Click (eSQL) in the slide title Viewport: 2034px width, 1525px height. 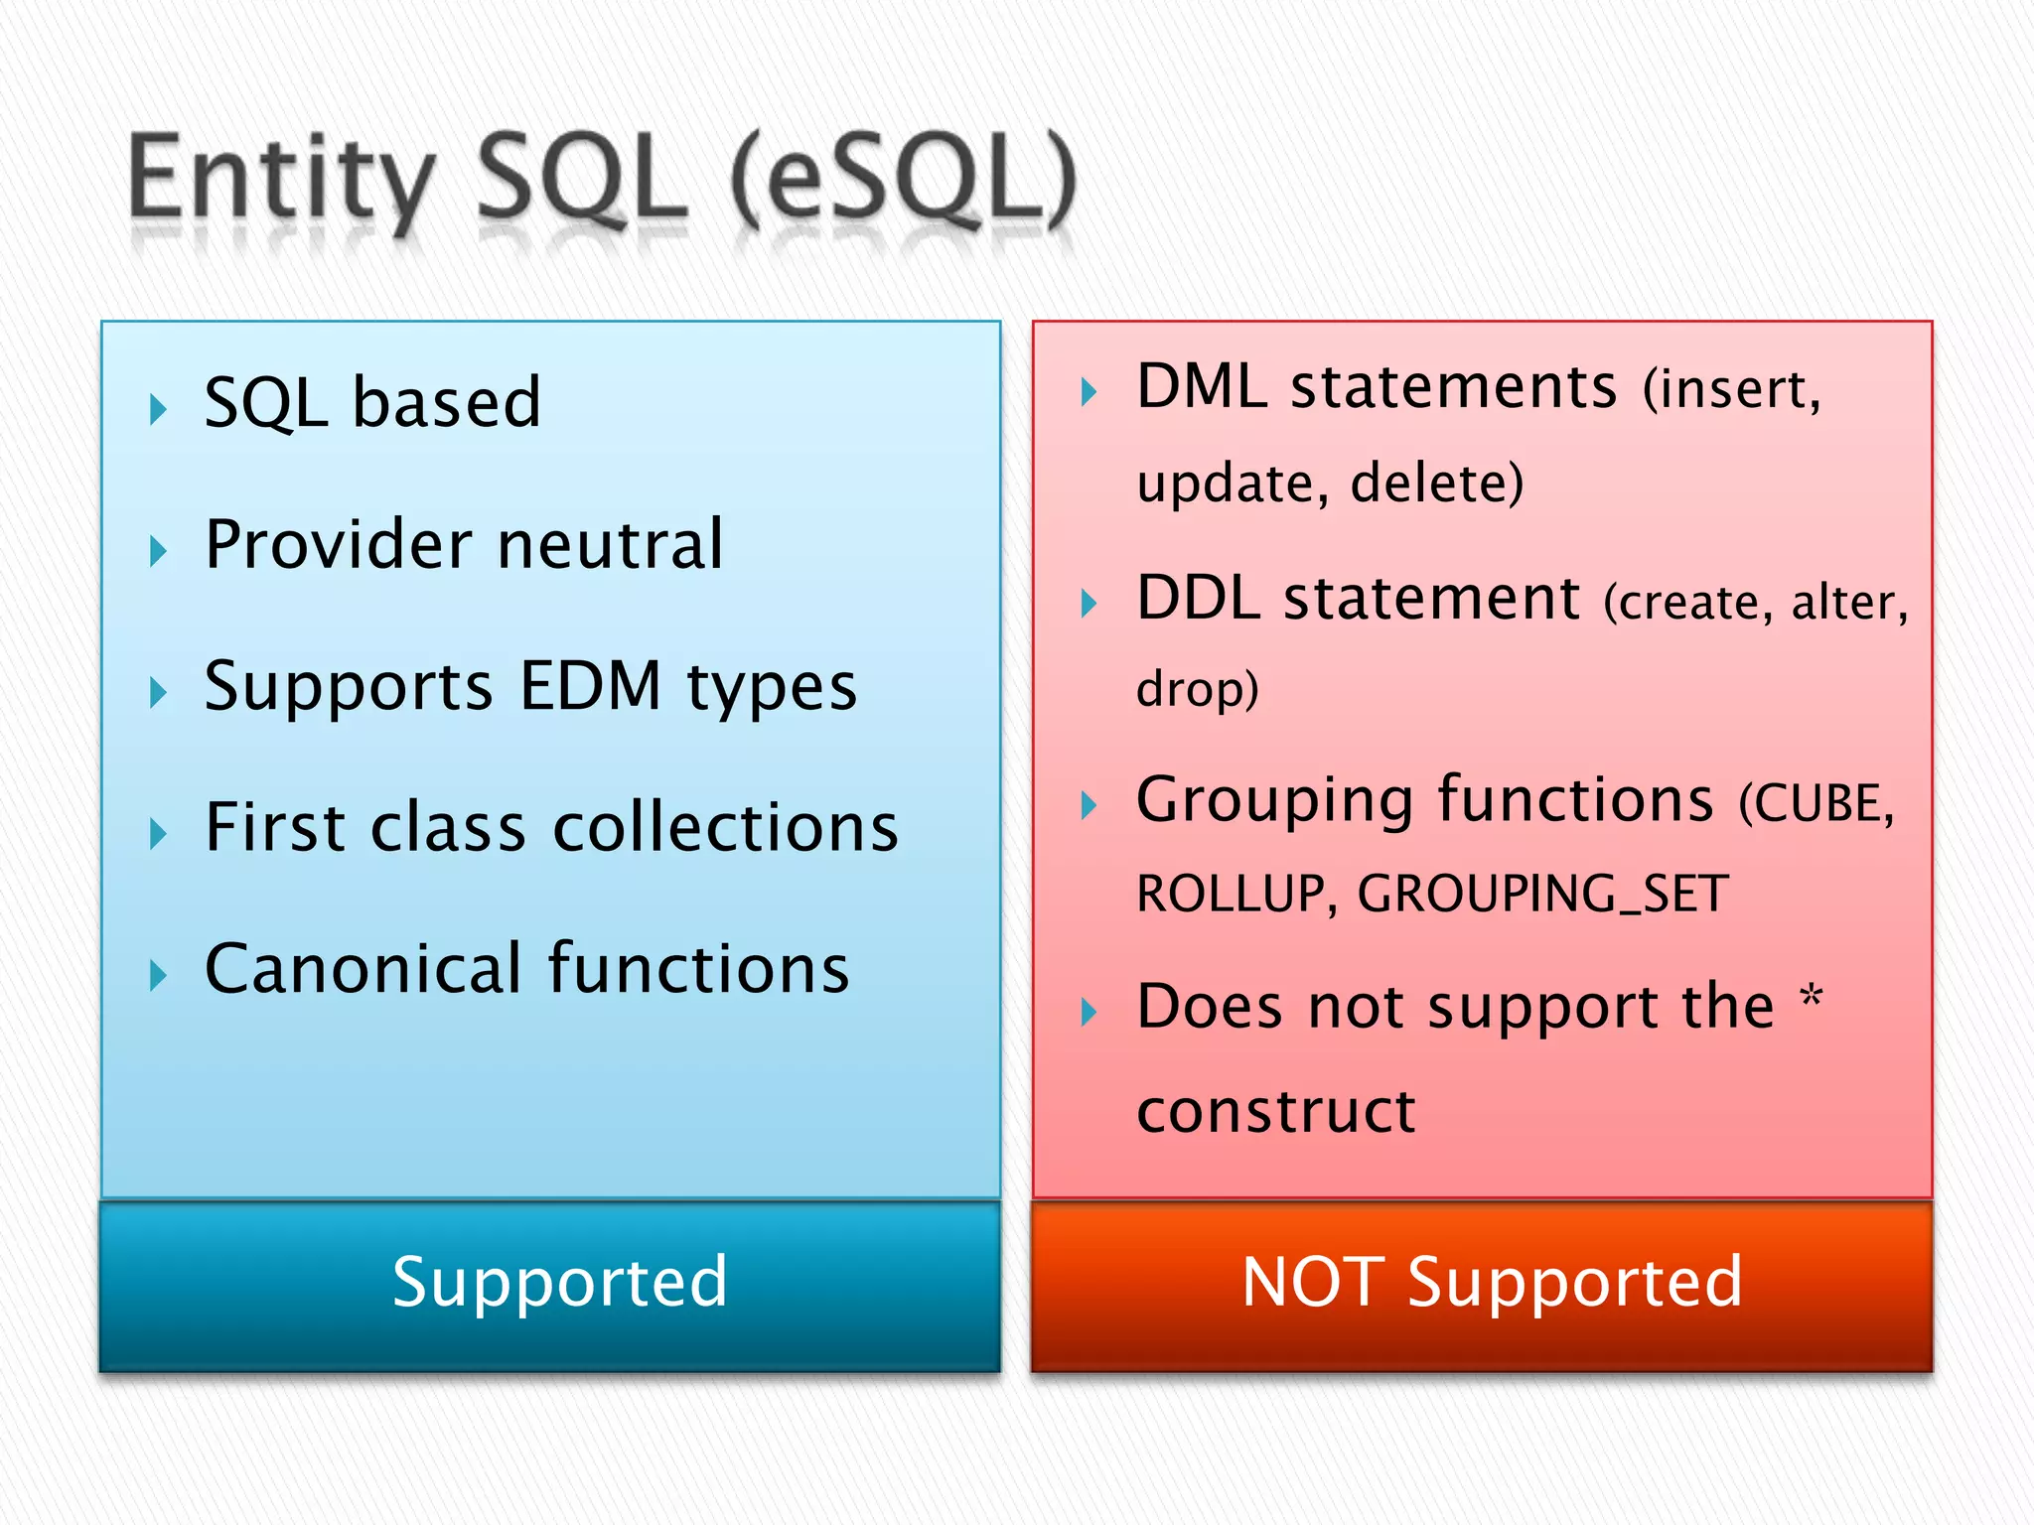point(904,181)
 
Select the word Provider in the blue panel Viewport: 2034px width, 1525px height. point(339,545)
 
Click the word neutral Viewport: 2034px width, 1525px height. point(610,545)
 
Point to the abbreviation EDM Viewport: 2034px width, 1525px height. point(590,686)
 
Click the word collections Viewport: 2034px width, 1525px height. point(725,827)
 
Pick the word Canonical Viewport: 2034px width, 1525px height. point(363,969)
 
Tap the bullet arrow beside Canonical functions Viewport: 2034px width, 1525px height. point(158,975)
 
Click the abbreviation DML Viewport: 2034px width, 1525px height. point(1201,386)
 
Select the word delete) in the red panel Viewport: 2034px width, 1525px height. point(1436,484)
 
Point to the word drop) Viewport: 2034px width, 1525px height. point(1197,689)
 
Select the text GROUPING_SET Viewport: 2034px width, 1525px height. point(1542,894)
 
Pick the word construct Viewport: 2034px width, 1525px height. point(1275,1111)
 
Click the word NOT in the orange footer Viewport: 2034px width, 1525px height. point(1312,1282)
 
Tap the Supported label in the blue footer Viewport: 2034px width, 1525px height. point(559,1282)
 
